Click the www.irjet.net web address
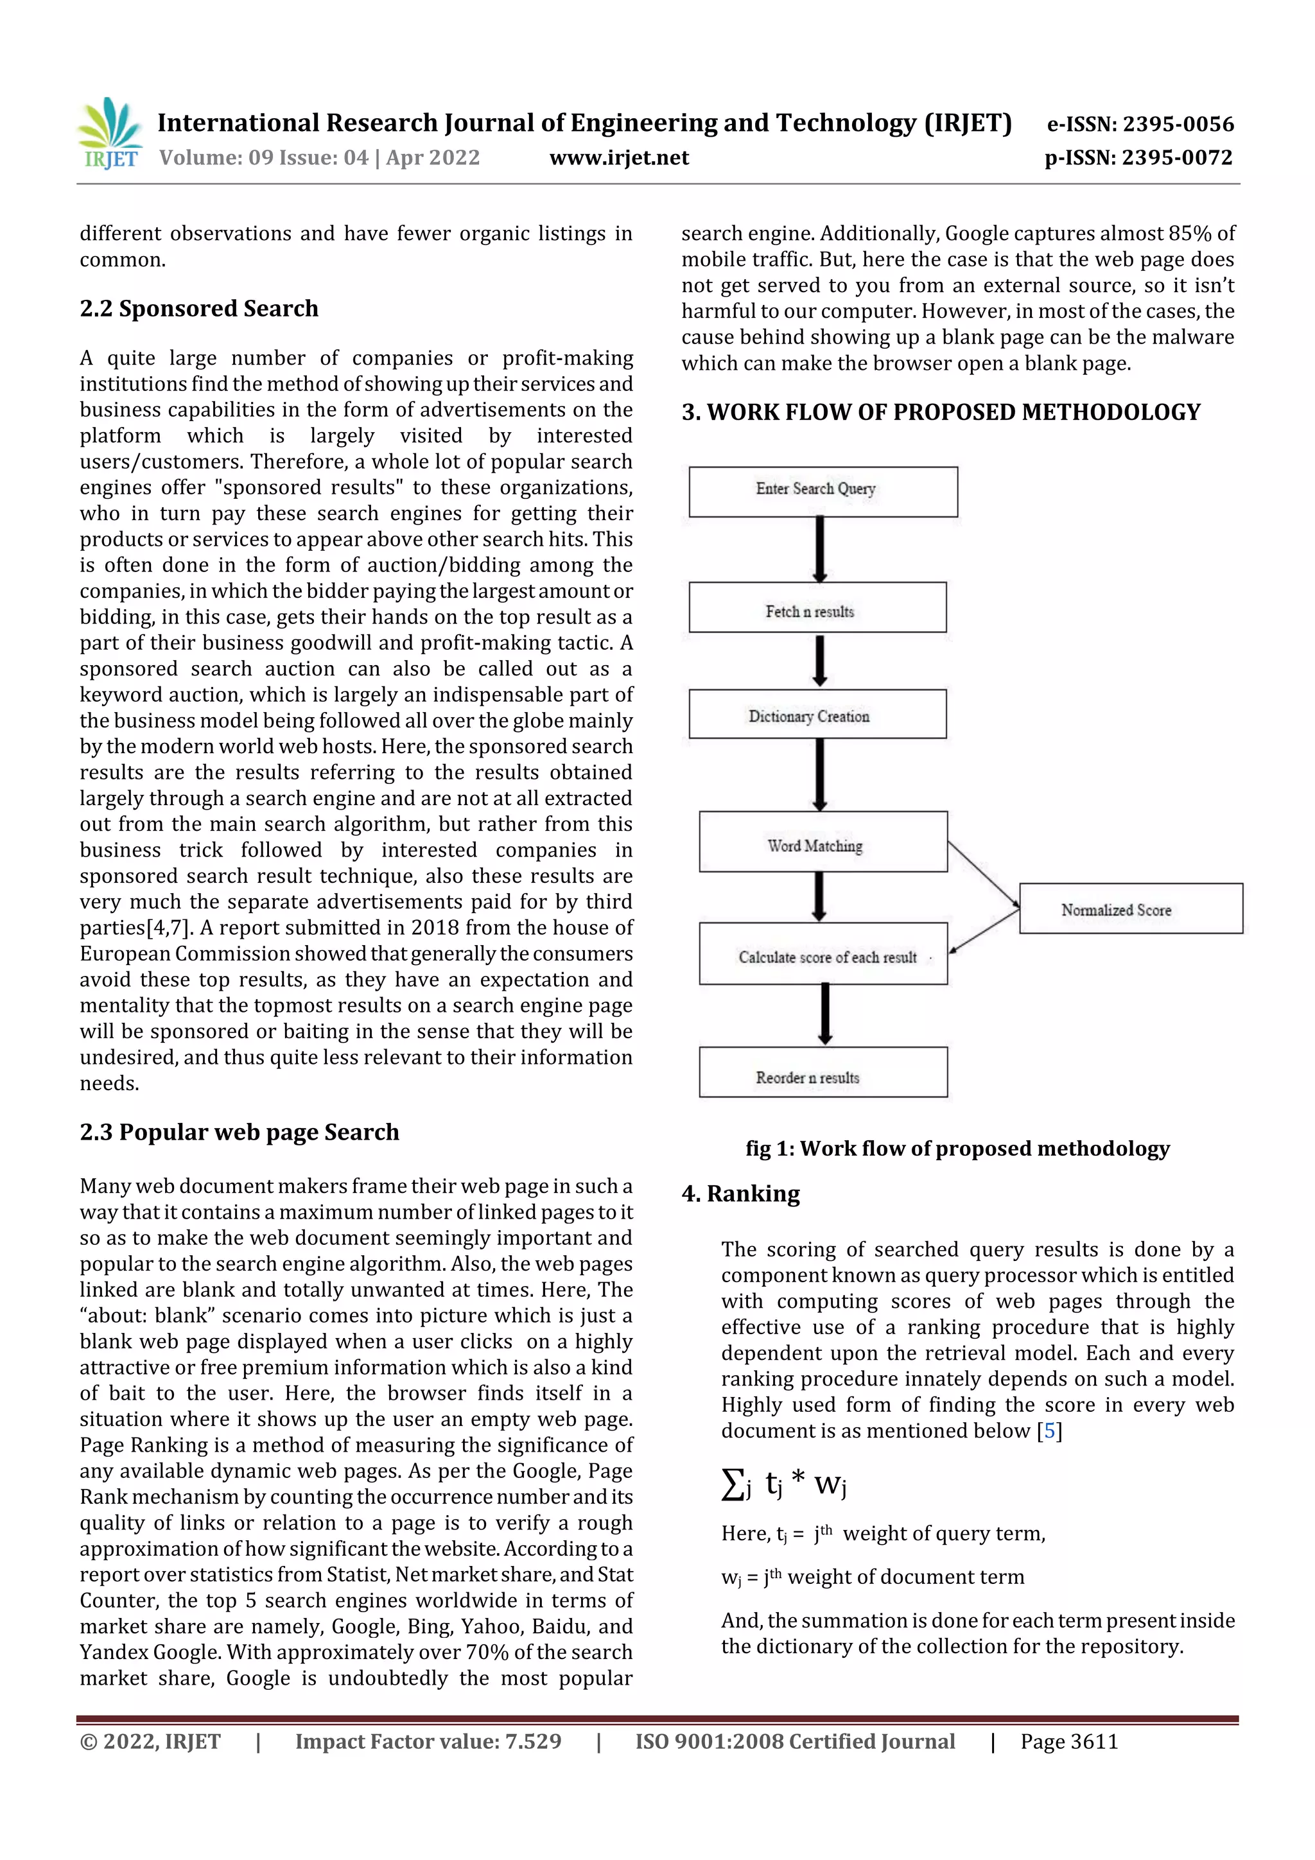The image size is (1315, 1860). point(619,158)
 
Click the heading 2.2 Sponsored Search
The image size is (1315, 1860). point(198,309)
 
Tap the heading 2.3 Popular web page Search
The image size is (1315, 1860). point(239,1132)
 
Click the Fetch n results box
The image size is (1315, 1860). point(817,607)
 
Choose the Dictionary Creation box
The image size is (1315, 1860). point(817,715)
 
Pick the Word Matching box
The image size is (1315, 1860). point(823,842)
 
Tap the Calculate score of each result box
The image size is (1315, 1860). point(823,953)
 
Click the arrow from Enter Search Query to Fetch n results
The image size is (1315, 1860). point(820,549)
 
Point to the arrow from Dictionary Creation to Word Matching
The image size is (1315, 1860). point(820,774)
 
